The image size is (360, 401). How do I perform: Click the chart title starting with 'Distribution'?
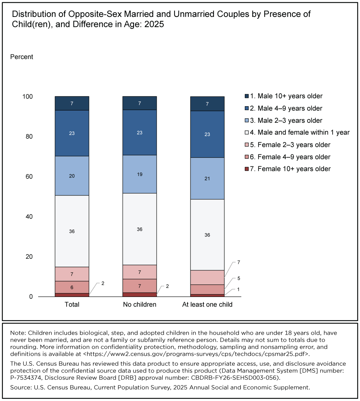point(161,20)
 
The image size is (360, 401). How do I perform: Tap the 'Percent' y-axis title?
point(22,57)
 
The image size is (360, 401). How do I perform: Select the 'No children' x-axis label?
point(140,305)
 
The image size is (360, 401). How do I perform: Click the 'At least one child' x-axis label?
point(207,305)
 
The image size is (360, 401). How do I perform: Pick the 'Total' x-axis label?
point(72,305)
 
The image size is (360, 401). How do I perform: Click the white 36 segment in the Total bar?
point(72,231)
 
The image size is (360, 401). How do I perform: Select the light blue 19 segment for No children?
point(140,174)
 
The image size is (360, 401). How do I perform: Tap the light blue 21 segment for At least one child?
point(207,179)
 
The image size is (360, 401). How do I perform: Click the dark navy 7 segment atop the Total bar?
point(72,103)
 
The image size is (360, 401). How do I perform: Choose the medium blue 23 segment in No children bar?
point(140,132)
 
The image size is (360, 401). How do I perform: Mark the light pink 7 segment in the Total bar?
point(72,274)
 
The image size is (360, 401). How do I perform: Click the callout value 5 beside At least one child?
point(238,278)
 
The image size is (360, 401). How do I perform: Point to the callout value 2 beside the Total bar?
point(103,283)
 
